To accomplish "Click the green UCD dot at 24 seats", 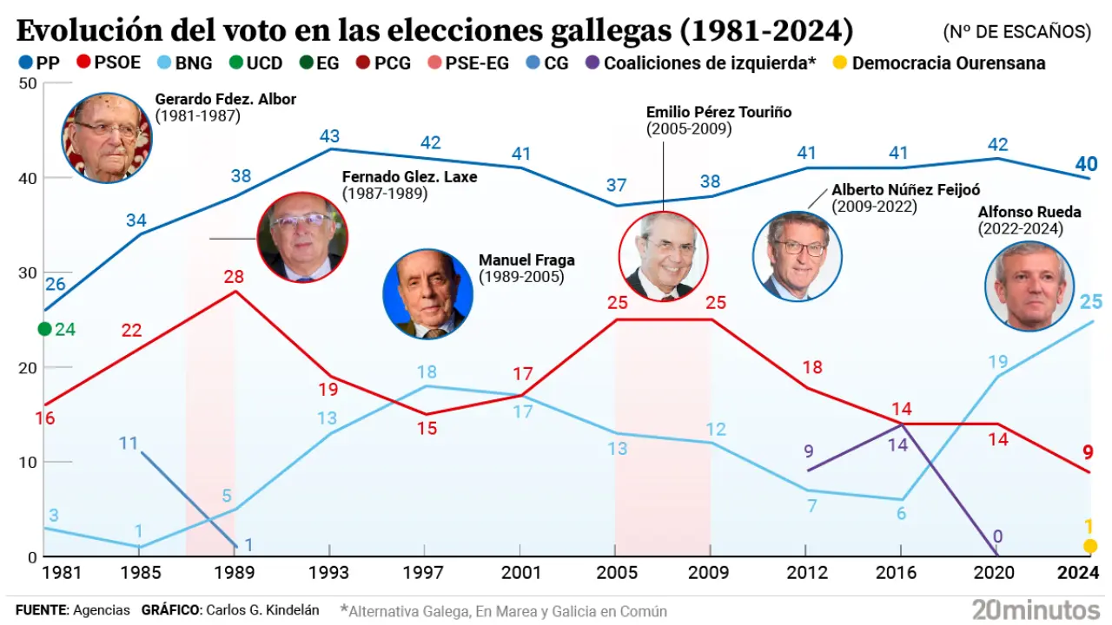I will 45,329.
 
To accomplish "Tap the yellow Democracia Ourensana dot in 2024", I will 1090,546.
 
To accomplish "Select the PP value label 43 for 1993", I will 330,136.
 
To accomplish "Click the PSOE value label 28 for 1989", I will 235,278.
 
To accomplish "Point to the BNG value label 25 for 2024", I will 1091,302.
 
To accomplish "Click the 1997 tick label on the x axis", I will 426,573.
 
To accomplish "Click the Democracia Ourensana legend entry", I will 940,63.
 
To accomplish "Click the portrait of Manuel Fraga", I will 428,293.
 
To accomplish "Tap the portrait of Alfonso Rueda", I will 1029,286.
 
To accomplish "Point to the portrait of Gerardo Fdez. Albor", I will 106,138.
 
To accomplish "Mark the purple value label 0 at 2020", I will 997,536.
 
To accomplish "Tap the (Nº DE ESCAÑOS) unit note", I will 1016,32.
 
